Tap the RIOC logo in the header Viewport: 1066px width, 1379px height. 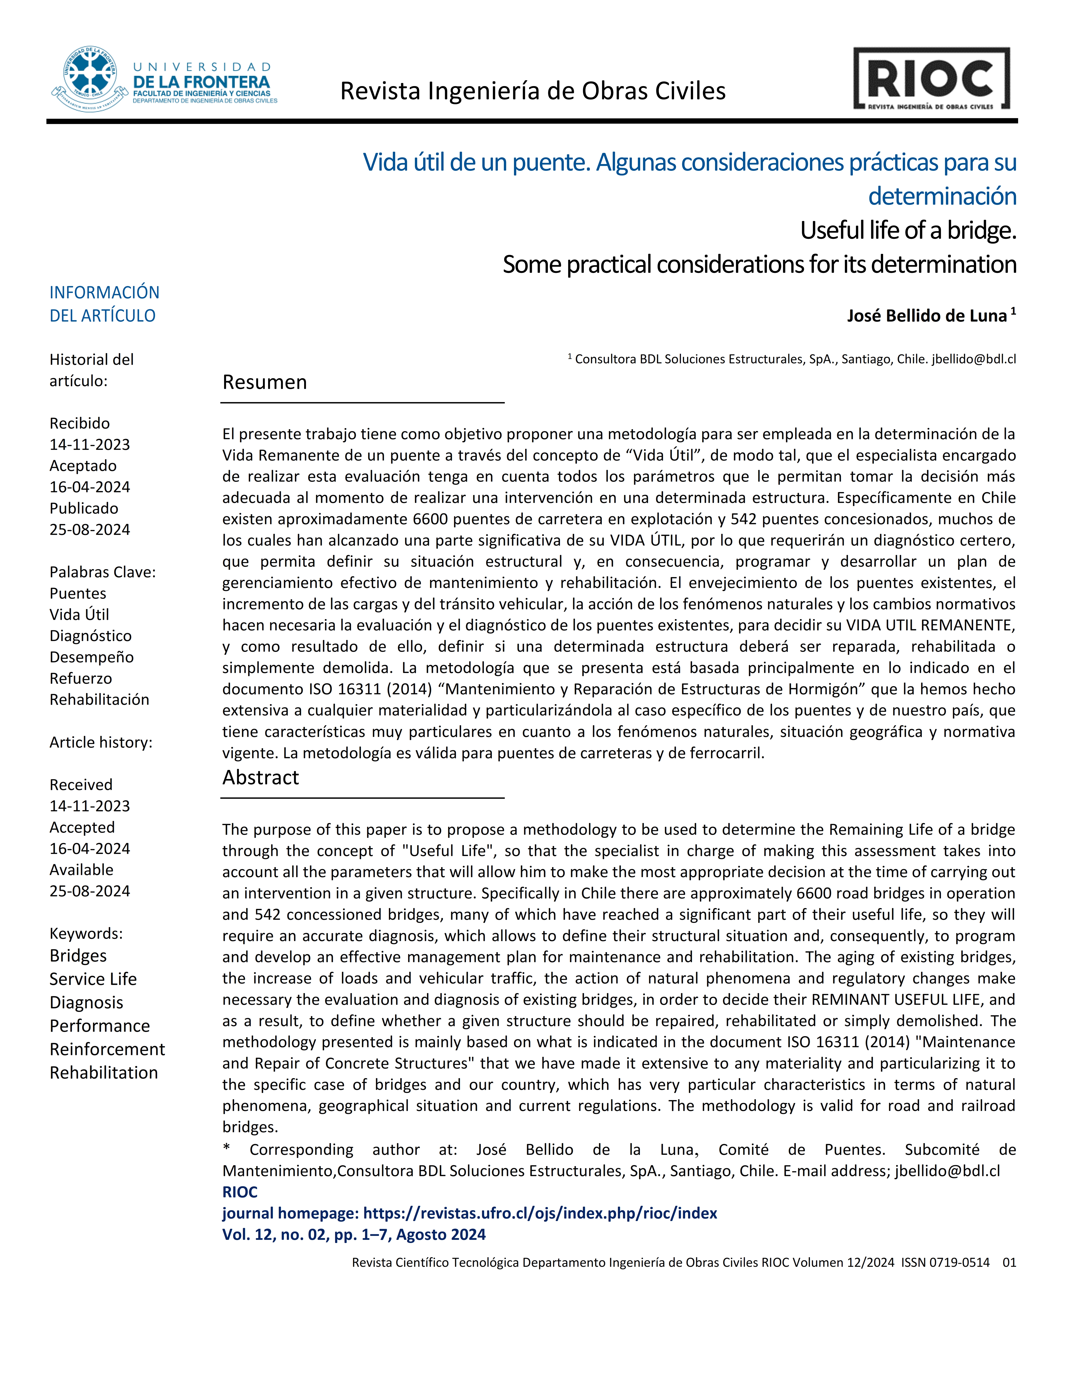tap(931, 79)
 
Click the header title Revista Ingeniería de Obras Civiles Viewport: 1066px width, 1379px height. tap(532, 92)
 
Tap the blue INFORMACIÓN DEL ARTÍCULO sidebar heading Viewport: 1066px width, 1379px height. tap(104, 304)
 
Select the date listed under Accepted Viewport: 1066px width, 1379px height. tap(90, 849)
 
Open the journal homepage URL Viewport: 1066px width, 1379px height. tap(540, 1213)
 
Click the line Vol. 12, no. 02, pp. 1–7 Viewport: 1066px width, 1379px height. tap(354, 1234)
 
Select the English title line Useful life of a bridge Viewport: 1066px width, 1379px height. tap(908, 230)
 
